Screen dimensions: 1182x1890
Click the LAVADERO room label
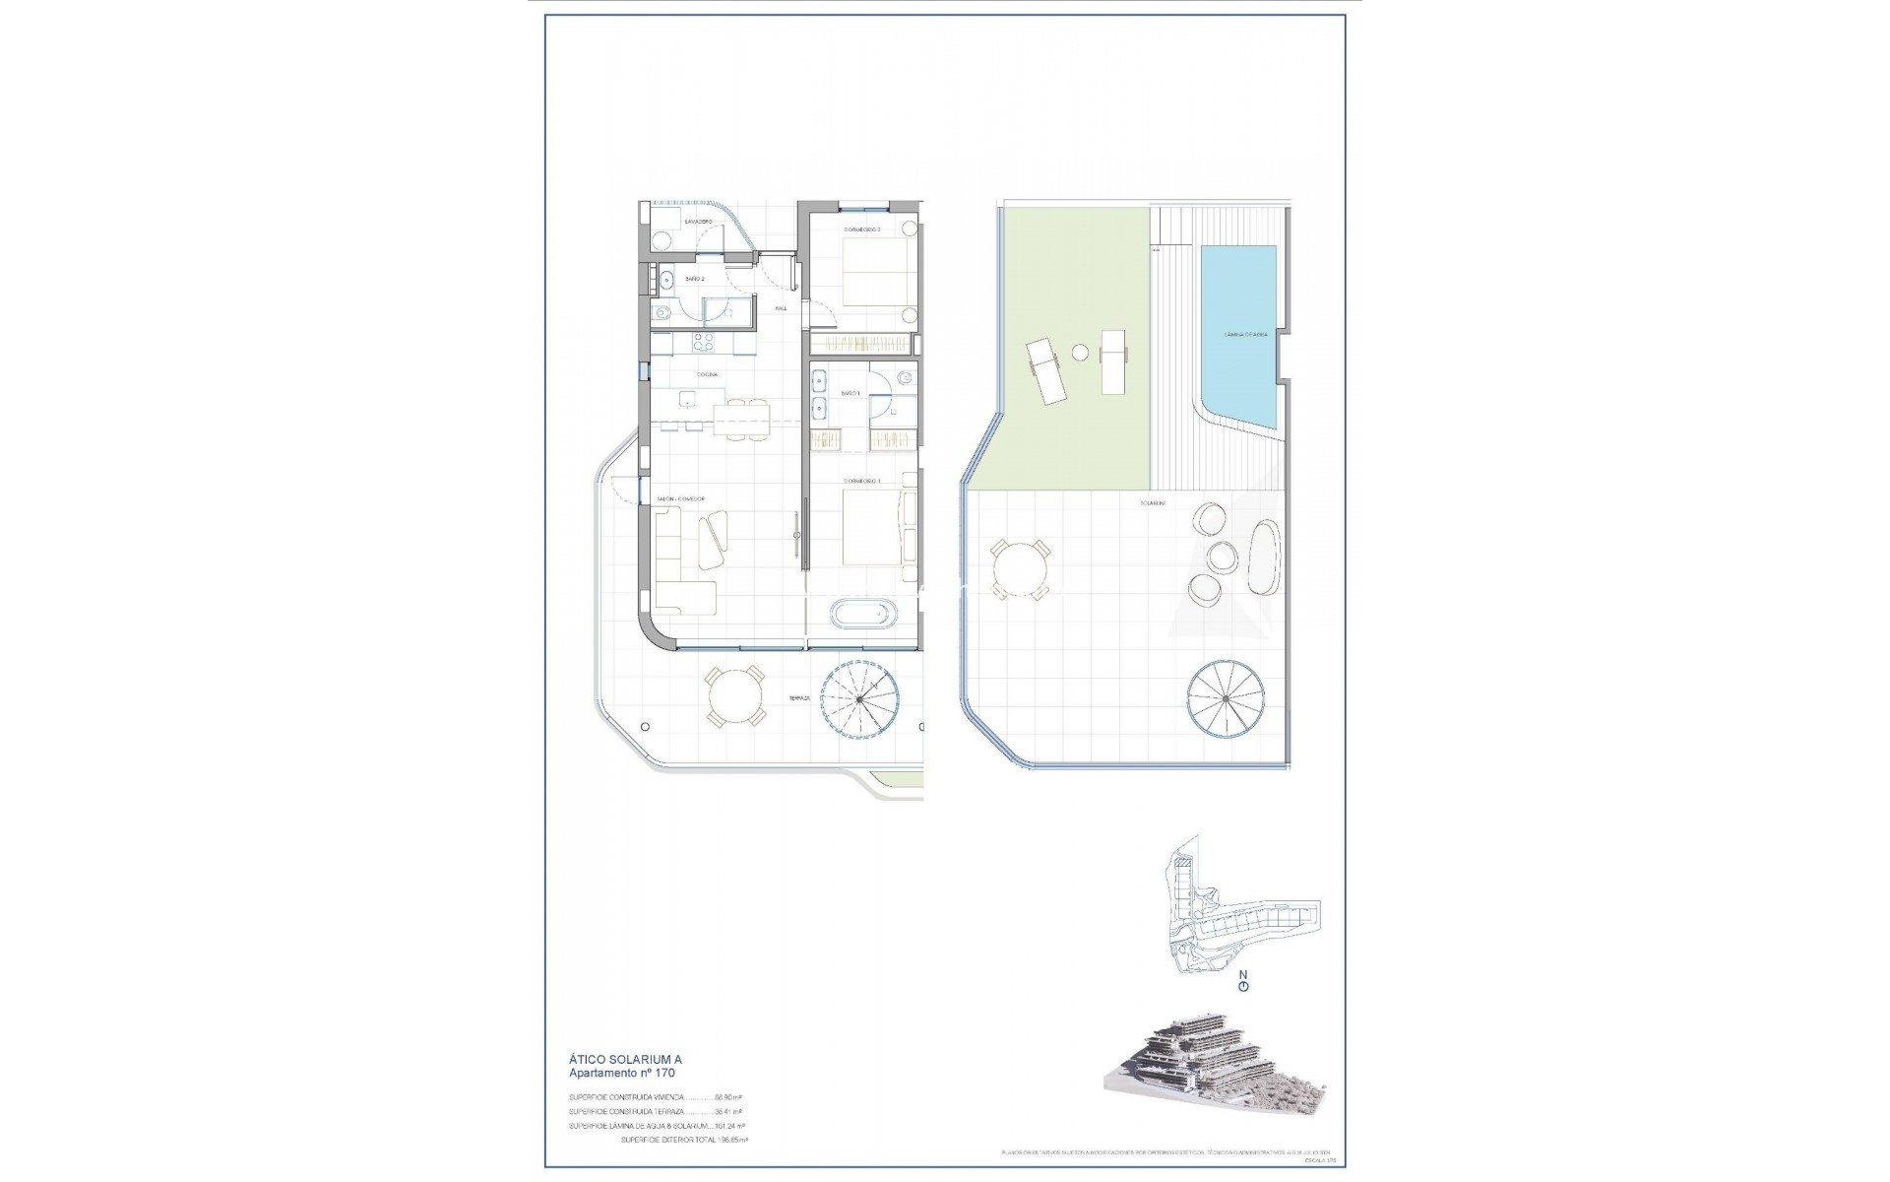coord(698,222)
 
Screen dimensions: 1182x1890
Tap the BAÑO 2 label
coord(695,279)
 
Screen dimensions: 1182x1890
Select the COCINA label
coord(707,374)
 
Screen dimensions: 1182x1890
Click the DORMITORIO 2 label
coord(862,230)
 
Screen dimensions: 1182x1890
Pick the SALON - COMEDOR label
coord(681,499)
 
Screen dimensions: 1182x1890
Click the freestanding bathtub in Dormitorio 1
coord(864,615)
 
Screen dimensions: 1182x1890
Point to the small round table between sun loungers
coord(1080,352)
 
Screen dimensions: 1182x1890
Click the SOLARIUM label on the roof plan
coord(1153,503)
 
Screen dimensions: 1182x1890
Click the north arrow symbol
coord(1243,983)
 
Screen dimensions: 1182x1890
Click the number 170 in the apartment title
coord(662,1073)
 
